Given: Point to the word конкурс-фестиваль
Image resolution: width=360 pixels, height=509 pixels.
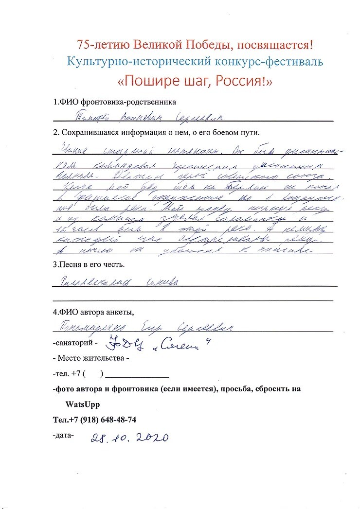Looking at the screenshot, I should [275, 62].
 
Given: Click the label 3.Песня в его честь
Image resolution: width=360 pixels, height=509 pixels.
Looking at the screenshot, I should [89, 265].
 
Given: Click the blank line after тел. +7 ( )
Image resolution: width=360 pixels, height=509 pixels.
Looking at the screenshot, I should [137, 375].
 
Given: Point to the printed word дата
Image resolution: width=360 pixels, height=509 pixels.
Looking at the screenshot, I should [63, 435].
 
